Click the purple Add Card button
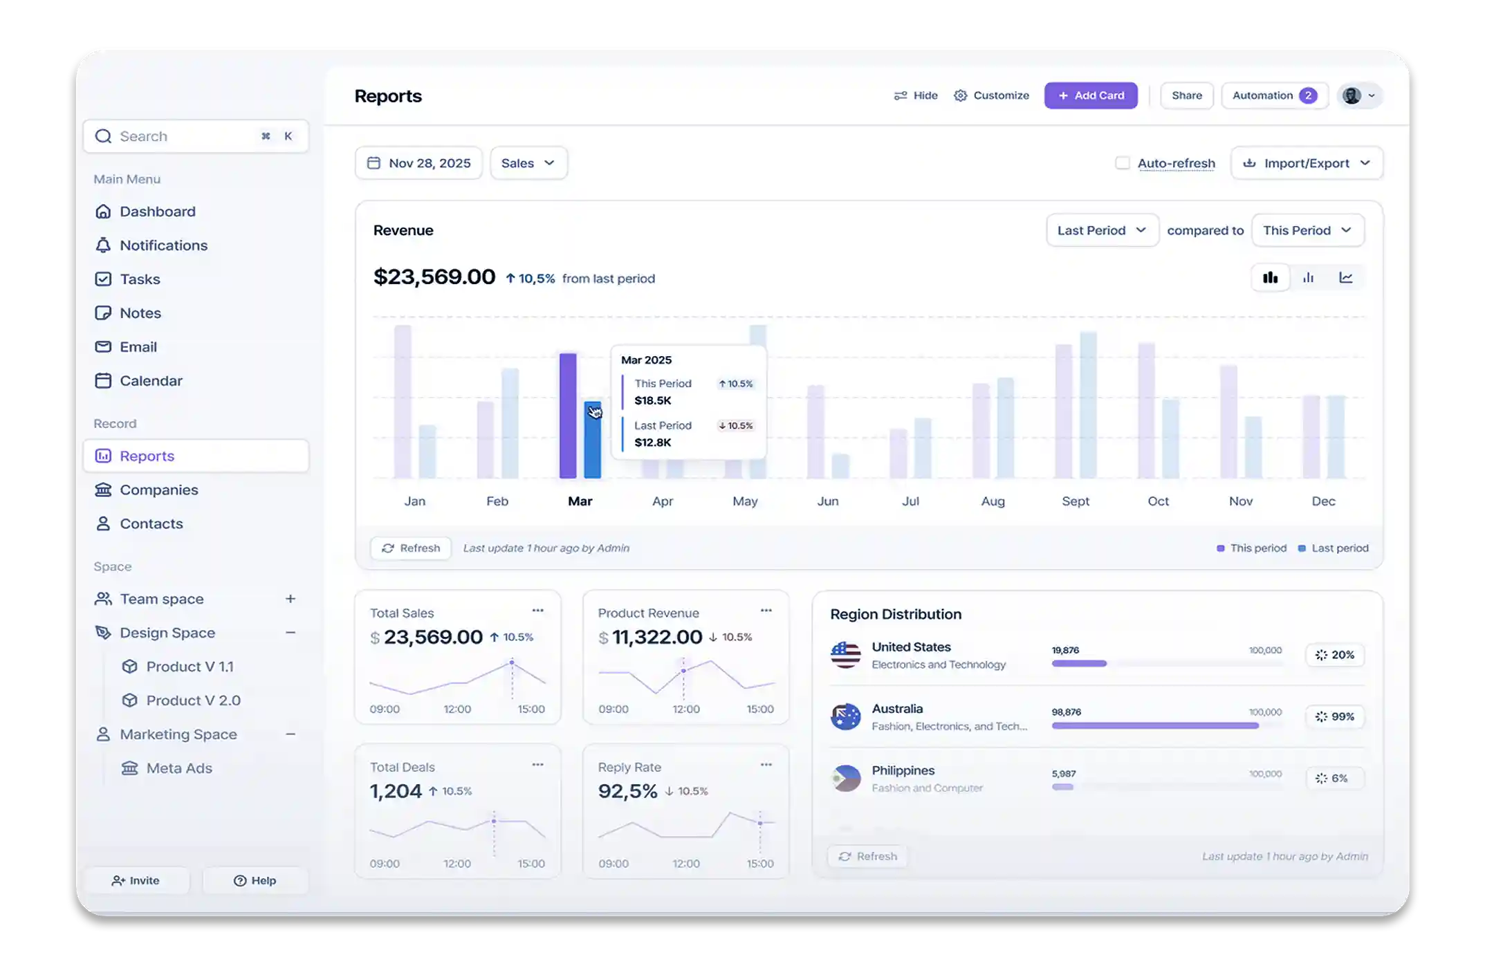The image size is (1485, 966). tap(1091, 95)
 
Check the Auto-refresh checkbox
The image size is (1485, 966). tap(1122, 163)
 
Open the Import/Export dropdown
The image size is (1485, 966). tap(1307, 163)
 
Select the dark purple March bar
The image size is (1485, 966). tap(568, 415)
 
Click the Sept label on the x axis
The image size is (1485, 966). tap(1076, 501)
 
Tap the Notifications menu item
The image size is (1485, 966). tap(163, 245)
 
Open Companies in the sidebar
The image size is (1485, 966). tap(158, 490)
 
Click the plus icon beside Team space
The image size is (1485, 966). tap(290, 599)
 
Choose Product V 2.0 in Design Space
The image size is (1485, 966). tap(193, 700)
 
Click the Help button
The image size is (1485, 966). tap(255, 880)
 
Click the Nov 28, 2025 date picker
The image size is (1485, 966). tap(418, 163)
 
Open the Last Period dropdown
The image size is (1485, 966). tap(1102, 230)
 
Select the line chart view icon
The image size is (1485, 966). tap(1346, 278)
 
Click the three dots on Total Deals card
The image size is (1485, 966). tap(537, 764)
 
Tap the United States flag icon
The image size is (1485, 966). tap(845, 655)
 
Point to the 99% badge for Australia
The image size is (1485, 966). tap(1335, 716)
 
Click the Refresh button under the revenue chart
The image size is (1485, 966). tap(411, 548)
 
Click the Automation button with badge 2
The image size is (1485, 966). tap(1274, 95)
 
